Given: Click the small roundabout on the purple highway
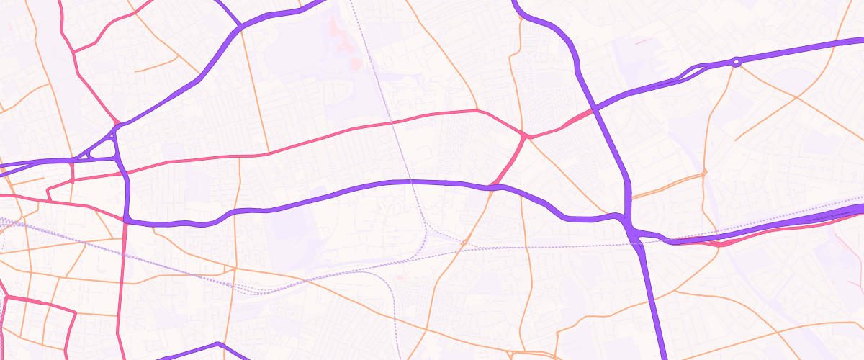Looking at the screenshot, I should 736,63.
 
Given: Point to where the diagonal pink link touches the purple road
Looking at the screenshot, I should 492,186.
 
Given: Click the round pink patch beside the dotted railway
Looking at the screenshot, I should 355,63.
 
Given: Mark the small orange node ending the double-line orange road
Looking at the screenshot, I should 704,173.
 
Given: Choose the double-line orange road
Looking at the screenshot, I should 666,185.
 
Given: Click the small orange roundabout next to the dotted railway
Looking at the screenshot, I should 464,243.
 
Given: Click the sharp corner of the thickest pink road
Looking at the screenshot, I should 75,312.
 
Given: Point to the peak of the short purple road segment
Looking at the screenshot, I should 218,344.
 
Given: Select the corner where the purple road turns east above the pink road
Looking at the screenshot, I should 127,219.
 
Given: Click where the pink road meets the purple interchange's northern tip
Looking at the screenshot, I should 115,124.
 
